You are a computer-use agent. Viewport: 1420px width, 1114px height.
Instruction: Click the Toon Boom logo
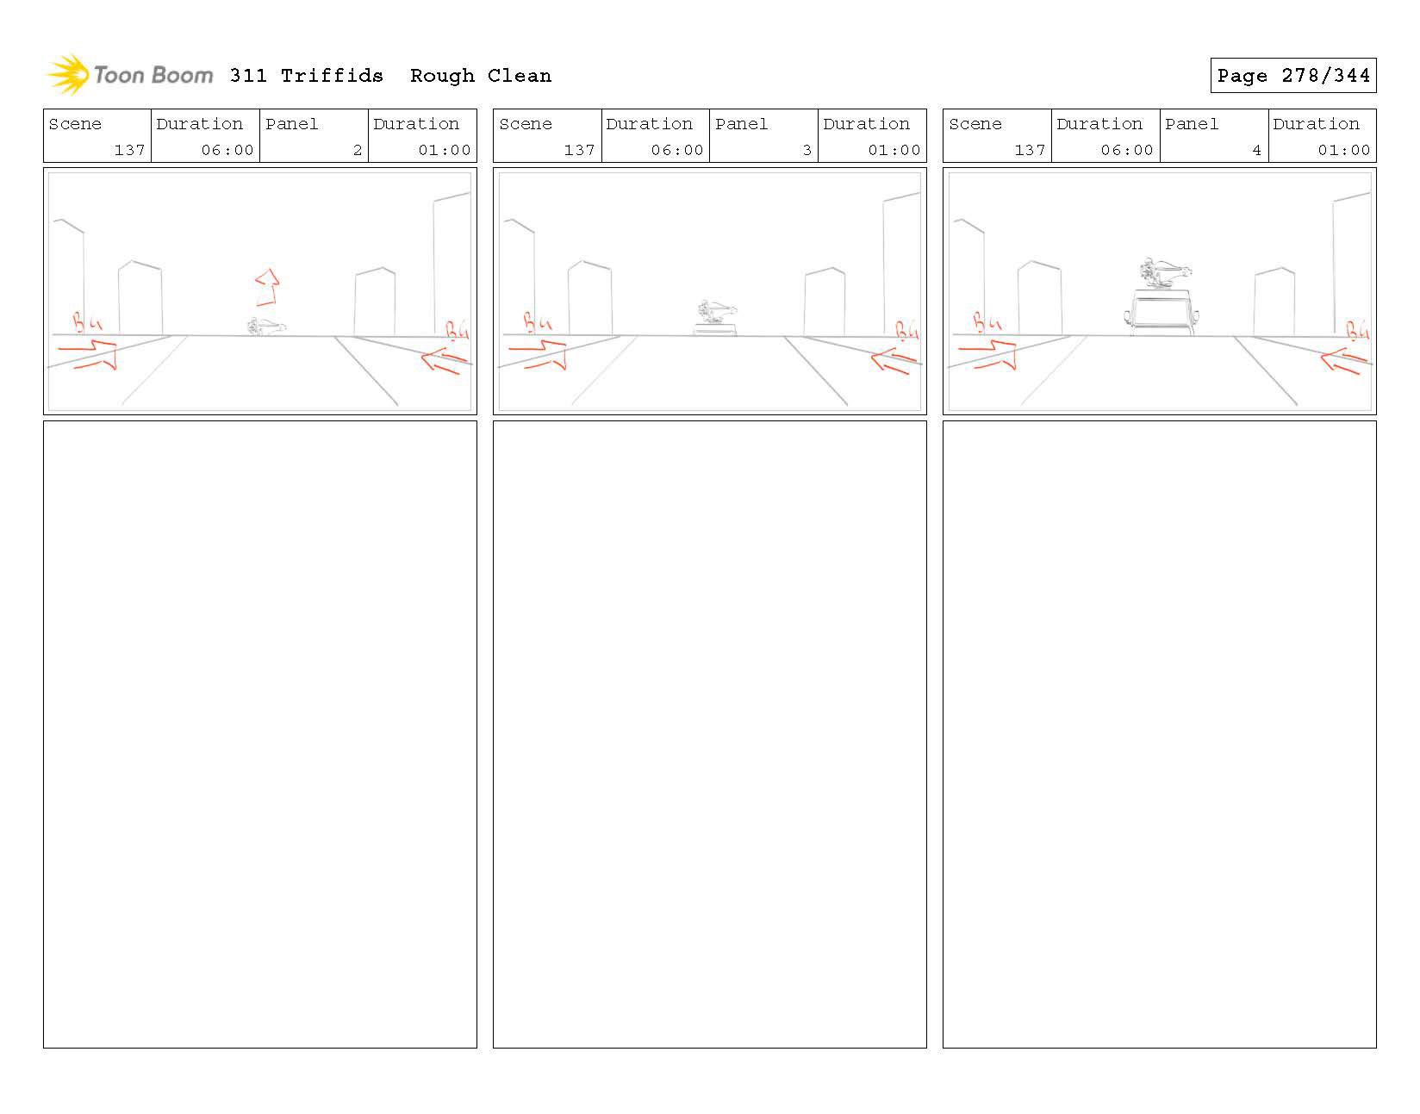point(129,75)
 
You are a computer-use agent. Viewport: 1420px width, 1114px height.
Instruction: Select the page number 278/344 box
point(1292,76)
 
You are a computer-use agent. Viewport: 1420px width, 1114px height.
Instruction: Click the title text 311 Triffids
point(306,76)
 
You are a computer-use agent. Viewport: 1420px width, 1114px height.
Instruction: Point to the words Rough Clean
point(480,76)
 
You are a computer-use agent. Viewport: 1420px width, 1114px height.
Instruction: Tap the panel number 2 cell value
point(357,150)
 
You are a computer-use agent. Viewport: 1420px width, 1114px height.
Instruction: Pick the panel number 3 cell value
point(807,150)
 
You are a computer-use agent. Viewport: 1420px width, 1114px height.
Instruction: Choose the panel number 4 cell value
point(1256,150)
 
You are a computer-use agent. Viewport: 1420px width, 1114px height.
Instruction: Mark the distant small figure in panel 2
point(265,327)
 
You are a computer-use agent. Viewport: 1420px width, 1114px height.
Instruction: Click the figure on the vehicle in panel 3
point(715,311)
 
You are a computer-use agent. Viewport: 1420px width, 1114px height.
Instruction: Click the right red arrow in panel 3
point(894,361)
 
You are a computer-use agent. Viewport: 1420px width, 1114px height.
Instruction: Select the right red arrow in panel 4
point(1343,361)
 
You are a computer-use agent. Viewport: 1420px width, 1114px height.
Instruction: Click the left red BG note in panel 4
point(987,323)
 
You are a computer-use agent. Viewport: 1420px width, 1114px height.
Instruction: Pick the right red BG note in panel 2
point(457,330)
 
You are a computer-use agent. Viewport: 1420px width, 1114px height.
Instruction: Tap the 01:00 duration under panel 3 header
point(894,150)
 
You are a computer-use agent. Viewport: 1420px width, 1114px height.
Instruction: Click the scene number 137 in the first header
point(129,150)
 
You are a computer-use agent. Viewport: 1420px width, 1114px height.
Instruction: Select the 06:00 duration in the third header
point(1126,150)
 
